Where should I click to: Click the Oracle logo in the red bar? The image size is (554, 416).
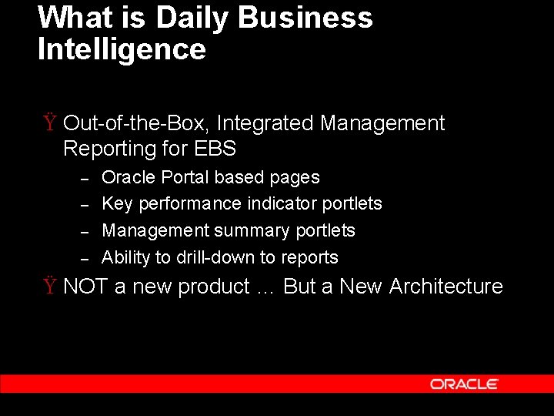(x=464, y=384)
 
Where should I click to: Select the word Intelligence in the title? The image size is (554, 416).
(x=122, y=49)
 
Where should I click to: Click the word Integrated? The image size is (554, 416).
(x=268, y=123)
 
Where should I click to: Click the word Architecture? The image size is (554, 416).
(x=446, y=287)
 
